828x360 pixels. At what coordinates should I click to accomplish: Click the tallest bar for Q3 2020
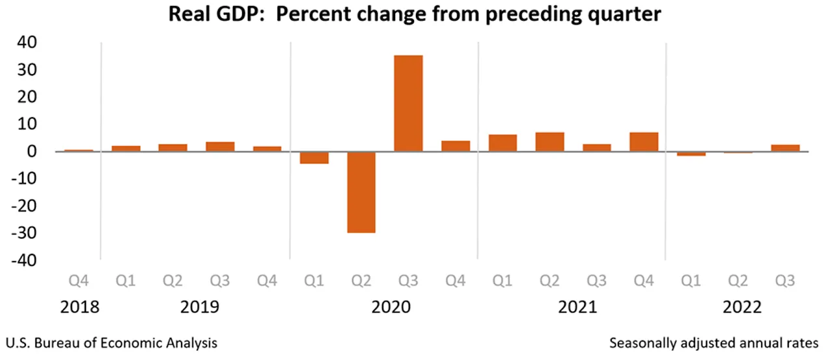[408, 103]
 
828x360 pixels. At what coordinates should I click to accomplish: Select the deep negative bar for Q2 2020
[361, 192]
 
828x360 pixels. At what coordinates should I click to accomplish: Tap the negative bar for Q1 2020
[314, 158]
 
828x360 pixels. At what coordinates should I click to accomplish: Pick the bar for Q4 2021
[644, 142]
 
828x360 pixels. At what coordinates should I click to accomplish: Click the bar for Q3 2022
[785, 148]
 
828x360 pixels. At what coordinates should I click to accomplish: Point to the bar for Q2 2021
[549, 142]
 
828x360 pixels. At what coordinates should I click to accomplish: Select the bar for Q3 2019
[220, 146]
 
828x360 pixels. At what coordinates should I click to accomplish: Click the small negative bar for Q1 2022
[691, 154]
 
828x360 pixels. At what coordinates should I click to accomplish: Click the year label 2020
[391, 307]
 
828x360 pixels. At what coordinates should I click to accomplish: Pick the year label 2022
[741, 307]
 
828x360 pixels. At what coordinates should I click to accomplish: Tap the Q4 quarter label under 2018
[79, 281]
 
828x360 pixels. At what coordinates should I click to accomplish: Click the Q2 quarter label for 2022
[738, 281]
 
